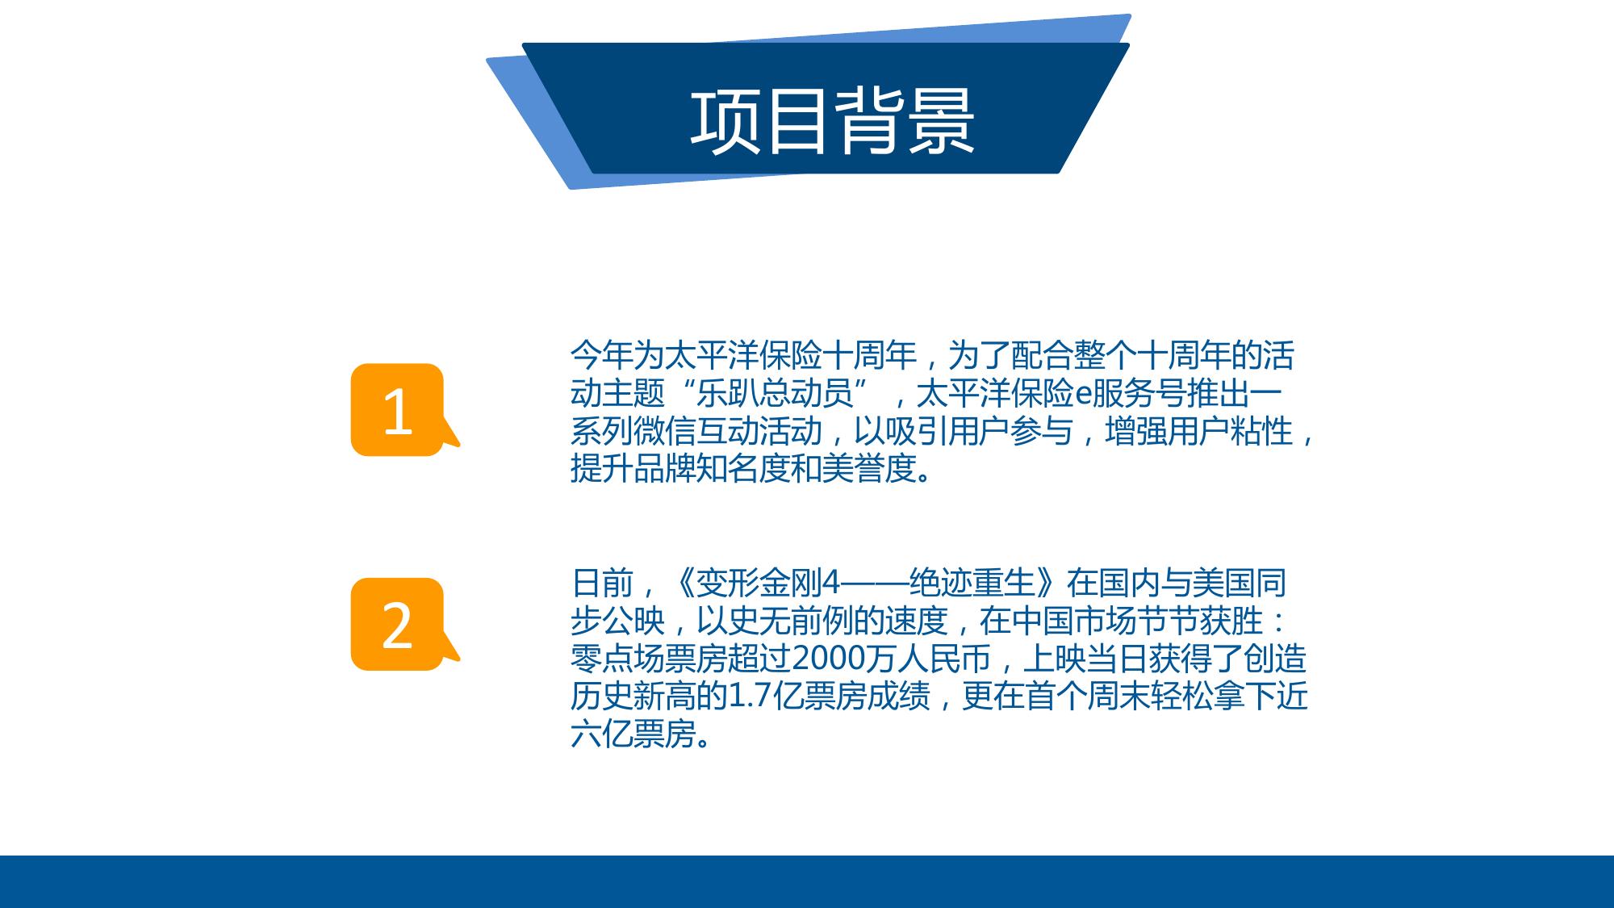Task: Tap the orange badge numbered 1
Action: [x=399, y=410]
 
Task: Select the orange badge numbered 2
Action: [x=399, y=624]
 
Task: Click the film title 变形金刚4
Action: [x=767, y=582]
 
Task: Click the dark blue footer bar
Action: [x=807, y=881]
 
